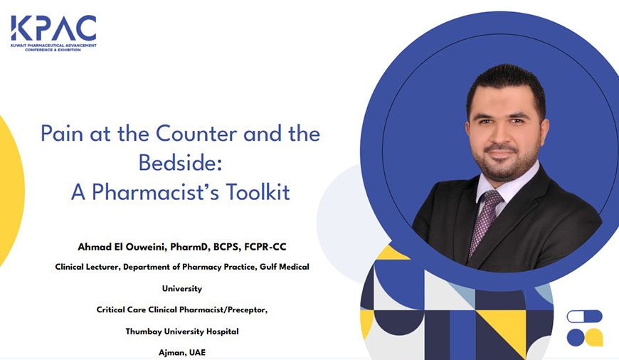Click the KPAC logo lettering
(x=53, y=28)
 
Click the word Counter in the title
(x=196, y=134)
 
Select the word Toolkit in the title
(x=258, y=192)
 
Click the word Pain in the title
(x=62, y=134)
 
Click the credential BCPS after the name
(x=226, y=247)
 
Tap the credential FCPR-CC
(x=265, y=247)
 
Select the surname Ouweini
(x=148, y=247)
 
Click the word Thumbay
(x=144, y=332)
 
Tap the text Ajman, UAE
(x=182, y=352)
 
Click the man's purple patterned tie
(x=485, y=221)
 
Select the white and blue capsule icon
(x=584, y=316)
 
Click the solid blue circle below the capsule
(x=576, y=337)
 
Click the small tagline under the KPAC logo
(x=53, y=48)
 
